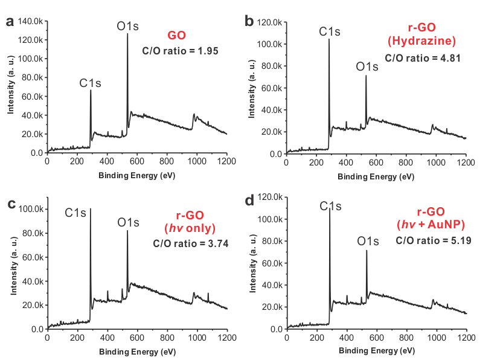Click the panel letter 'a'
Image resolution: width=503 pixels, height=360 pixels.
click(9, 22)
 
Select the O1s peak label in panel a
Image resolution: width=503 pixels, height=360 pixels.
click(128, 26)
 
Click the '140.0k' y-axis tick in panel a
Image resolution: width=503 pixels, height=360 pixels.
click(30, 21)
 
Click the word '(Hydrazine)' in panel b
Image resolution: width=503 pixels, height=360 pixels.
click(421, 41)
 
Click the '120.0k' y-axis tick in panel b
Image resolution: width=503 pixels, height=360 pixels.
click(269, 22)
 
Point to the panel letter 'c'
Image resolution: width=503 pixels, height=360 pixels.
click(10, 203)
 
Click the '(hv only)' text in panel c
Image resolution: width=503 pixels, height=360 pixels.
click(190, 228)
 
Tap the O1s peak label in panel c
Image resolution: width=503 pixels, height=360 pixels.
click(128, 223)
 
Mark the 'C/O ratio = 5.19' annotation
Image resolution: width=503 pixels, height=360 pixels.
click(433, 240)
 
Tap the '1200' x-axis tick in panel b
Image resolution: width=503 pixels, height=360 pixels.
click(466, 163)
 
